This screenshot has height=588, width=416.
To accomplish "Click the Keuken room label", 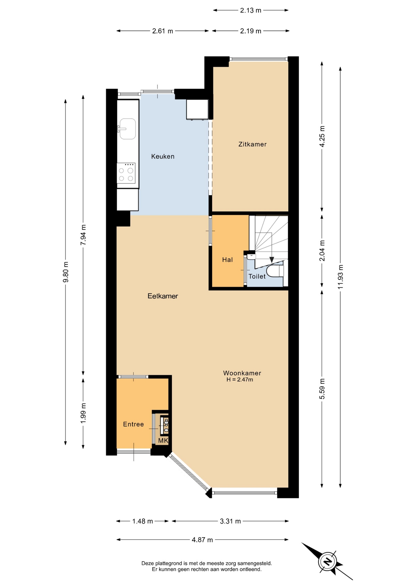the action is tap(163, 156).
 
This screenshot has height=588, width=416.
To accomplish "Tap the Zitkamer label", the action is tap(252, 144).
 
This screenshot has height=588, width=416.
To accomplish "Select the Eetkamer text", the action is tap(163, 296).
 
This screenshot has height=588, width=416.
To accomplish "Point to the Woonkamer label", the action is tap(242, 373).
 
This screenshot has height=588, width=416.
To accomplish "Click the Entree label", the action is tap(133, 424).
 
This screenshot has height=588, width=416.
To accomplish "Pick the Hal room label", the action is tap(227, 260).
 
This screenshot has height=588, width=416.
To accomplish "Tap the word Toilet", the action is tap(257, 277).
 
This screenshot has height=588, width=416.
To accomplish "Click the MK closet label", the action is tap(163, 441).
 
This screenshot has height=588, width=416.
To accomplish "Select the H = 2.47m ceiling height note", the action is tap(240, 380).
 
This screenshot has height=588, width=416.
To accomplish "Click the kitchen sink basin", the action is tap(127, 129).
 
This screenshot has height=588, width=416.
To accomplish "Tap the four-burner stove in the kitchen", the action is tap(126, 173).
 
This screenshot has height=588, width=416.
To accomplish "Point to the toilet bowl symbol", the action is tap(275, 271).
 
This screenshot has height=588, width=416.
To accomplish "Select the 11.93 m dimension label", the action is tap(340, 277).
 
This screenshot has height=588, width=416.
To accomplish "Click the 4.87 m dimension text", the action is tap(202, 540).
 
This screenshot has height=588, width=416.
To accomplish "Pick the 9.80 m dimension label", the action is tap(66, 272).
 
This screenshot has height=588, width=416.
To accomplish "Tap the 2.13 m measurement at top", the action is tap(251, 10).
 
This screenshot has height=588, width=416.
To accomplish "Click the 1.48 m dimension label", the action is tap(142, 521).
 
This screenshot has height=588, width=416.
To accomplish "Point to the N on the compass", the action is tap(328, 562).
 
